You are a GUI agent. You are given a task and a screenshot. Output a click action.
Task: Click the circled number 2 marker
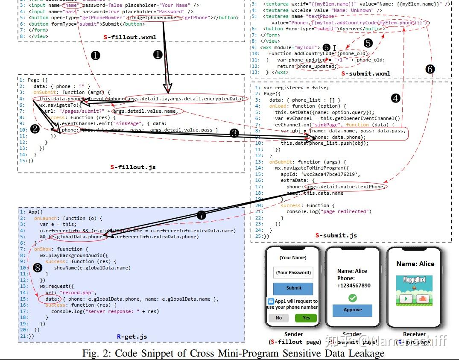(36, 128)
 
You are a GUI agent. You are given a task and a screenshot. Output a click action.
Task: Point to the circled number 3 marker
(234, 133)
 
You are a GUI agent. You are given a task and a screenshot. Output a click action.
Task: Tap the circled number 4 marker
(395, 98)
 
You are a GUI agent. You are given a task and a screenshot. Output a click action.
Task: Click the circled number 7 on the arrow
(202, 216)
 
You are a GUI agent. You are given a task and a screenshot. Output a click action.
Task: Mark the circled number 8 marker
(38, 268)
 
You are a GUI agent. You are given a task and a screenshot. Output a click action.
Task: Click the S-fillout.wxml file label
(130, 37)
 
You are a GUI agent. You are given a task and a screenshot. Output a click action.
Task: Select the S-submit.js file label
(336, 235)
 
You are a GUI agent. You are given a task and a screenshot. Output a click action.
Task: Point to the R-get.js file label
(132, 337)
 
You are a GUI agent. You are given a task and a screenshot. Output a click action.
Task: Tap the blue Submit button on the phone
(293, 288)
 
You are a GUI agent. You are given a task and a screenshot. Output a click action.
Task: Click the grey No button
(279, 318)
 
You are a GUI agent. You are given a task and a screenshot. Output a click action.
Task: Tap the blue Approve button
(353, 310)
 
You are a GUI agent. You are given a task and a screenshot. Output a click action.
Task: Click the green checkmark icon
(353, 298)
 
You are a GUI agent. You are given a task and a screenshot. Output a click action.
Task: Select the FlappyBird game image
(414, 289)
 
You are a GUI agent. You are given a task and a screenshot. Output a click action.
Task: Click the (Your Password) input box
(293, 272)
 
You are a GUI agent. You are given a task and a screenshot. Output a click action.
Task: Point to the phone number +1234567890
(354, 285)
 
